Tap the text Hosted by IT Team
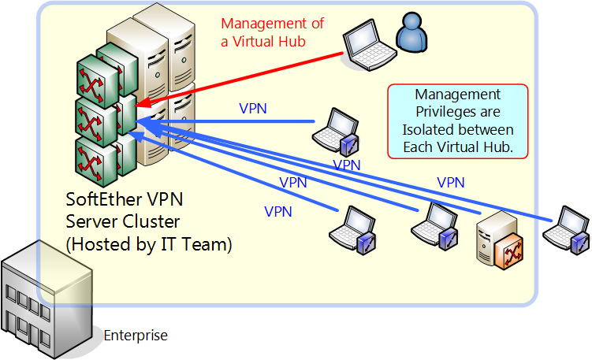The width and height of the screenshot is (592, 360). coord(150,243)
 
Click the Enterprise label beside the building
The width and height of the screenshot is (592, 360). coord(136,336)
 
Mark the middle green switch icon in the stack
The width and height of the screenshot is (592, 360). coord(92,118)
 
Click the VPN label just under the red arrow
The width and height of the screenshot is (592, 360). coord(253,108)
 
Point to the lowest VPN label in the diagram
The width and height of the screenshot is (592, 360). coord(278,212)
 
